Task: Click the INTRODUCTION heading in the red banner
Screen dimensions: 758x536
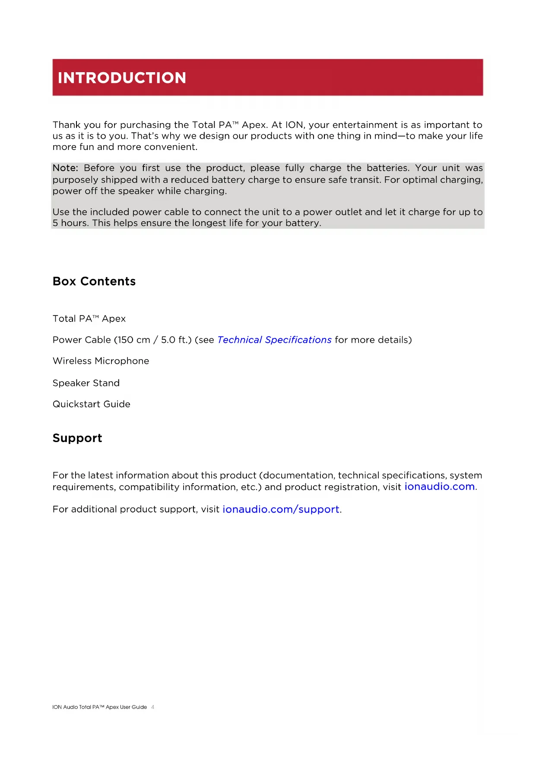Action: pyautogui.click(x=122, y=78)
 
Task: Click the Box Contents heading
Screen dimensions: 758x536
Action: pyautogui.click(x=94, y=281)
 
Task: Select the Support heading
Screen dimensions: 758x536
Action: pyautogui.click(x=77, y=438)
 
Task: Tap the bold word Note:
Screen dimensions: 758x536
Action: pyautogui.click(x=65, y=168)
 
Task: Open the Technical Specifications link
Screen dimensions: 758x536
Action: pyautogui.click(x=274, y=340)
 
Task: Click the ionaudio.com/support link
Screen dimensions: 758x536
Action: pyautogui.click(x=281, y=510)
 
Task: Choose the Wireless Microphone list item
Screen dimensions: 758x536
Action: pyautogui.click(x=101, y=361)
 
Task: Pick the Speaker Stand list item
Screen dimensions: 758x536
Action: pyautogui.click(x=86, y=383)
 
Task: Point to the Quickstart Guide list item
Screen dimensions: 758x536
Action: pyautogui.click(x=92, y=404)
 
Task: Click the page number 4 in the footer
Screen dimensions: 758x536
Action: pyautogui.click(x=153, y=707)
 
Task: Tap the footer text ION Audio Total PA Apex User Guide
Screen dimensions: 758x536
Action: pyautogui.click(x=99, y=707)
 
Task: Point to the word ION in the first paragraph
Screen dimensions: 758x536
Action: pyautogui.click(x=294, y=125)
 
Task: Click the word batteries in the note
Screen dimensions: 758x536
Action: pyautogui.click(x=387, y=168)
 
